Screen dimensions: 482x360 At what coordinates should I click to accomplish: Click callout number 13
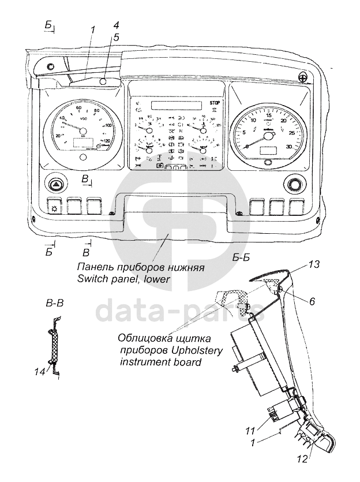pos(313,264)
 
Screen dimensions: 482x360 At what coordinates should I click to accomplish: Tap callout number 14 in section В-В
pos(39,372)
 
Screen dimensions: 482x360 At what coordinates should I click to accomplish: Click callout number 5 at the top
pos(116,37)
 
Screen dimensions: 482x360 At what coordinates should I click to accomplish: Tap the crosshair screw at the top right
pos(303,77)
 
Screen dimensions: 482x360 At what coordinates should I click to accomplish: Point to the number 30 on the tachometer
pos(288,147)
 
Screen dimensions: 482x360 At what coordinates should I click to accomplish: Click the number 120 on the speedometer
pos(106,140)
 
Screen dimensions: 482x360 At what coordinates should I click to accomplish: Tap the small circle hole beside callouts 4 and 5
pos(103,81)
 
